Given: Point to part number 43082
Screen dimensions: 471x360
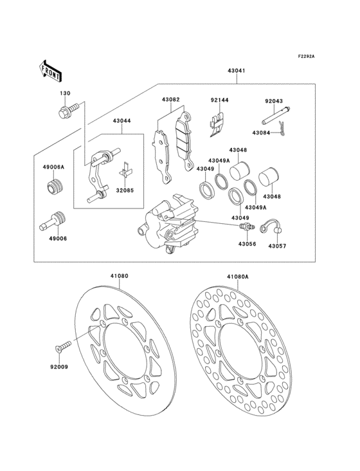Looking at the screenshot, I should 170,100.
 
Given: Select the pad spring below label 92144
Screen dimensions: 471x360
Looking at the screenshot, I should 217,124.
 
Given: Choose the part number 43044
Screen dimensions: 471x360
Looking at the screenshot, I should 122,121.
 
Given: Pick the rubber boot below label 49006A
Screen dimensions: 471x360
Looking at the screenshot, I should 54,190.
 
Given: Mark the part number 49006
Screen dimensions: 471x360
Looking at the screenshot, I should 54,238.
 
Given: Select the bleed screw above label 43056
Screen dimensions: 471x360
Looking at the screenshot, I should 246,228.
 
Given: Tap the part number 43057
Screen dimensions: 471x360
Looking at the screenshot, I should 277,246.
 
